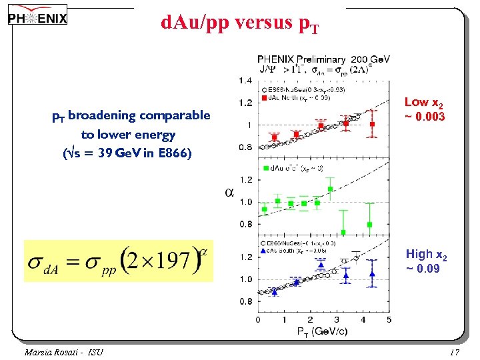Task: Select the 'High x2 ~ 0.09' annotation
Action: (426, 261)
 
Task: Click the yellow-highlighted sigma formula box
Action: (118, 260)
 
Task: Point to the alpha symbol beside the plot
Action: (229, 193)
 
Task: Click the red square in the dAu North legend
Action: (265, 99)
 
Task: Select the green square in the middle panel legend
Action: (266, 168)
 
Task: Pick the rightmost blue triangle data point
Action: (373, 274)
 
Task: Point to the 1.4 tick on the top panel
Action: (245, 80)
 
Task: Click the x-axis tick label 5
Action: (389, 319)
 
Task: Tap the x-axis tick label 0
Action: (259, 319)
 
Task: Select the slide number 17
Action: (455, 351)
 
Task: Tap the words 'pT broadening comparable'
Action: (131, 116)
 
